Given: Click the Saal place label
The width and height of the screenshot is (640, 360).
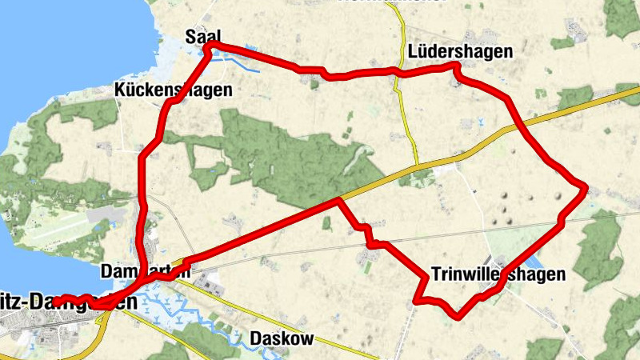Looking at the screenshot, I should click(202, 36).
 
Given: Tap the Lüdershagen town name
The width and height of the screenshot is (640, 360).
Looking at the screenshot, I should click(458, 52).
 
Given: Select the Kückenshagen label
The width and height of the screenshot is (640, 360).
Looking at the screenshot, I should click(173, 90).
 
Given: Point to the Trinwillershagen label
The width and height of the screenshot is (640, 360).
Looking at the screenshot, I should click(498, 274).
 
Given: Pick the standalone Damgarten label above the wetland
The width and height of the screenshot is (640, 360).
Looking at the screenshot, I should click(146, 272).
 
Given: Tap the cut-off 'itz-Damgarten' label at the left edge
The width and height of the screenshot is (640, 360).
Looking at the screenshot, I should click(69, 303).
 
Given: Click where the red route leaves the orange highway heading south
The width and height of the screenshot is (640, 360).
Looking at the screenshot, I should click(340, 198).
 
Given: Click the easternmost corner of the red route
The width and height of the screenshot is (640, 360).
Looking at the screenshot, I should click(586, 189).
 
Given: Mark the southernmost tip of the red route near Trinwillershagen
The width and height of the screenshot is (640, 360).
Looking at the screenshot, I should click(457, 315).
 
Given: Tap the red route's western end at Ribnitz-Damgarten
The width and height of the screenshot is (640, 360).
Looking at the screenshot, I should click(56, 301).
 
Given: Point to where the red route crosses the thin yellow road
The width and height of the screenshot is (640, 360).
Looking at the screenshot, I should click(396, 74).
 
